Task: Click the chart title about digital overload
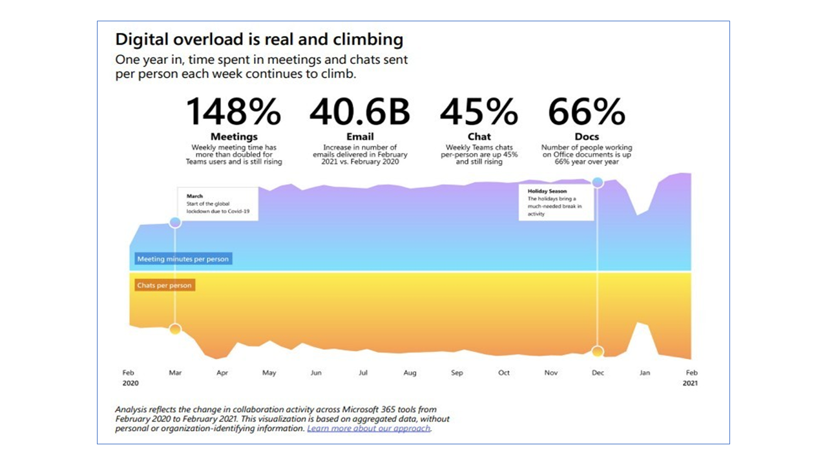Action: tap(259, 39)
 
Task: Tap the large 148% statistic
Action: tap(233, 112)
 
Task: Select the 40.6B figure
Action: tap(360, 112)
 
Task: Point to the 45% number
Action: tap(479, 112)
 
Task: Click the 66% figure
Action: tap(587, 112)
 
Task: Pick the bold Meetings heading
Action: tap(234, 137)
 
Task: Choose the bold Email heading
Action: tap(360, 137)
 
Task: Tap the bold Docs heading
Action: tap(587, 137)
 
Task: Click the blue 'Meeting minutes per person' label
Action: tap(183, 259)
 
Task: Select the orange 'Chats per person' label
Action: tap(164, 285)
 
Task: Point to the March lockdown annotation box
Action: tap(218, 203)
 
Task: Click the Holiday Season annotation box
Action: tap(556, 203)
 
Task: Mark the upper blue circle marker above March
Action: tap(175, 223)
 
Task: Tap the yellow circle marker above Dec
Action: tap(598, 351)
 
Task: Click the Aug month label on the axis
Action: tap(410, 373)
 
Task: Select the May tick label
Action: tap(269, 373)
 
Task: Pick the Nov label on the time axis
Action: tap(551, 373)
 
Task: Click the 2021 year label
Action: tap(690, 384)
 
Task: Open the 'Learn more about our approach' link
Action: tap(369, 428)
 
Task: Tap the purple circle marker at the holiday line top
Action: tap(598, 183)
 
